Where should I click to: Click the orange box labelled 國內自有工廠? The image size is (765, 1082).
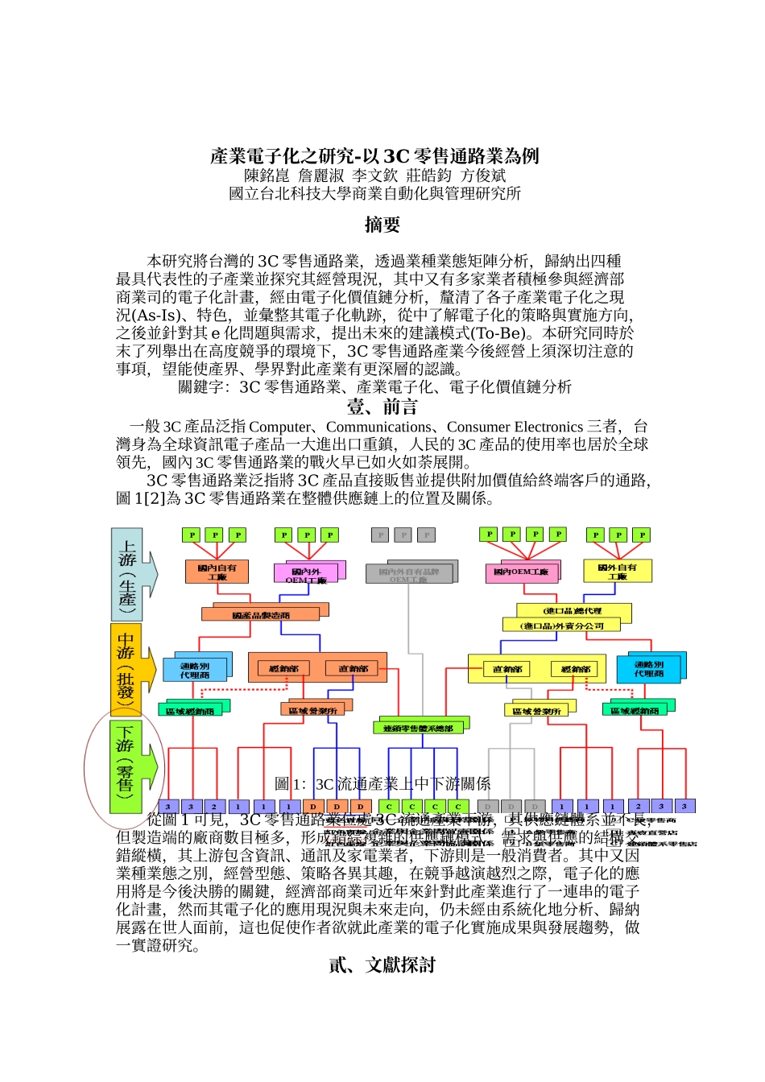coord(217,572)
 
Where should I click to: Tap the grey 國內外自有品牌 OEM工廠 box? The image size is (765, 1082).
coord(409,574)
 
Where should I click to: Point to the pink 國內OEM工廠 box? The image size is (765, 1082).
coord(521,572)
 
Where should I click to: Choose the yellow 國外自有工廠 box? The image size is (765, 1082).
coord(617,571)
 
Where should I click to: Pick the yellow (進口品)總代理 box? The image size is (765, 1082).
coord(573,611)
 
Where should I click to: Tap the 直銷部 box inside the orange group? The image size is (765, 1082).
coord(353,668)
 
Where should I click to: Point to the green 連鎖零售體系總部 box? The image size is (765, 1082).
coord(418,728)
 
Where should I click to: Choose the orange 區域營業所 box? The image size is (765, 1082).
coord(313,711)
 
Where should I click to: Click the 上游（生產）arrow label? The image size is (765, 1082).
coord(129,574)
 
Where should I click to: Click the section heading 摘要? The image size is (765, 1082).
coord(382,225)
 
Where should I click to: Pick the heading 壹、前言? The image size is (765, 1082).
coord(382,407)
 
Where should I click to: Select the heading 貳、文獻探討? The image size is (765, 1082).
coord(382,965)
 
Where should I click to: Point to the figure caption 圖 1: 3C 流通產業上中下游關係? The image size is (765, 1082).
coord(382,784)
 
